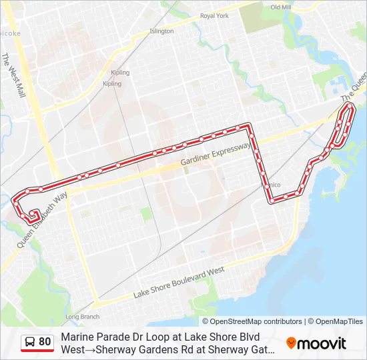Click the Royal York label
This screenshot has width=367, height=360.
coord(214,15)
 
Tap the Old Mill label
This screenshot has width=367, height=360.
coord(280,7)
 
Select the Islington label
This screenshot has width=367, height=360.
coord(161,31)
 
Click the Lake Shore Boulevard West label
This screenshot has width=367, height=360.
coord(179,283)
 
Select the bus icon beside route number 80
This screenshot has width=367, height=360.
coord(30,342)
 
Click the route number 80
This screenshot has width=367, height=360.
coord(45,342)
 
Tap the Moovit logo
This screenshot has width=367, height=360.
coord(316,343)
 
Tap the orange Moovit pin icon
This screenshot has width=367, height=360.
coord(291,343)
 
